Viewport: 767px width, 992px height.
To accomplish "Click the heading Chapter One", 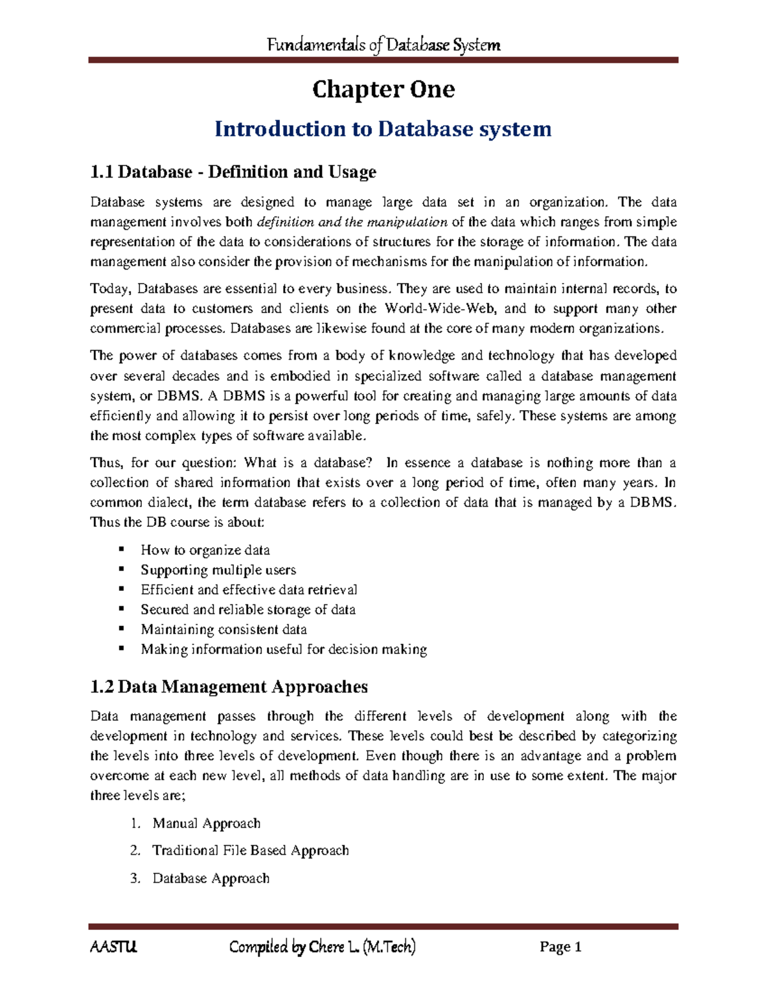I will (383, 89).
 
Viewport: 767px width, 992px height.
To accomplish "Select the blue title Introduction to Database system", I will (383, 129).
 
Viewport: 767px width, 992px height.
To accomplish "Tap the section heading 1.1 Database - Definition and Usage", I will (233, 172).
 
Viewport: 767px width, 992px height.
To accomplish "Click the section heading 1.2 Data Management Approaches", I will (229, 687).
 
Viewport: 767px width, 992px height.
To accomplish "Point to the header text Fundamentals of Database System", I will (383, 45).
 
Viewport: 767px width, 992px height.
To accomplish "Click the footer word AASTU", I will (113, 947).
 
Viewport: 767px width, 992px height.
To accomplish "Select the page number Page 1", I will (561, 947).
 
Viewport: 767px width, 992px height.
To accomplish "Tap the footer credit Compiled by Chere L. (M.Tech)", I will (322, 947).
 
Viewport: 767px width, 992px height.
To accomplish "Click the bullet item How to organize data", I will (205, 550).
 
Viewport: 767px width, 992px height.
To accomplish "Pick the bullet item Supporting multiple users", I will (218, 570).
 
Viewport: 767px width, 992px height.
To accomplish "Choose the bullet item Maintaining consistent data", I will (224, 629).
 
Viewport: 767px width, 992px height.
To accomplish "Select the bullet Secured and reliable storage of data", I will (248, 609).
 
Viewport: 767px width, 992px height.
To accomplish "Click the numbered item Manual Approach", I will (206, 823).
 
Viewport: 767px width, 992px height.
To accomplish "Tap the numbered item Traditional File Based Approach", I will (251, 850).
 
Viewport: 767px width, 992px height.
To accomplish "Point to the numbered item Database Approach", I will (211, 878).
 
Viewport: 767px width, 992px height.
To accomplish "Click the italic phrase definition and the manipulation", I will (352, 222).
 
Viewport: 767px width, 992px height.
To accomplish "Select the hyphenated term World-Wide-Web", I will (440, 309).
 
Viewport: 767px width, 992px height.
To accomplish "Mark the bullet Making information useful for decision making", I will (284, 650).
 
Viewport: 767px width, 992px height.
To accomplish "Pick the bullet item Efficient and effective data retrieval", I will (249, 590).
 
